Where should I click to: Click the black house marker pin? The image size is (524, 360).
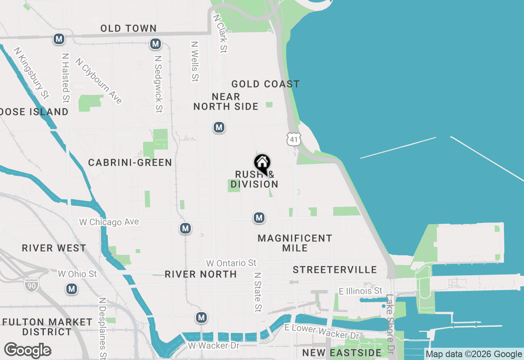(x=262, y=163)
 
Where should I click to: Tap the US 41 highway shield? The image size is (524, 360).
(x=294, y=139)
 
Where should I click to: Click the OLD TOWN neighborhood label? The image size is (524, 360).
(x=129, y=28)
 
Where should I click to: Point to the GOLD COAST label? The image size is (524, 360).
(x=265, y=84)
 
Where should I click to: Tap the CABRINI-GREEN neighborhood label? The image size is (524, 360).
(x=130, y=163)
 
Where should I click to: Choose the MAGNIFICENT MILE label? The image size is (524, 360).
(x=295, y=243)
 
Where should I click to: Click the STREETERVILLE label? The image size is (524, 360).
(x=335, y=270)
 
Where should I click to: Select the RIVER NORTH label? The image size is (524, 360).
(x=201, y=274)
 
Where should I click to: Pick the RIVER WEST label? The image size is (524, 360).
(x=54, y=248)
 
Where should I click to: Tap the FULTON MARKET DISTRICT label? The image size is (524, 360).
(x=47, y=327)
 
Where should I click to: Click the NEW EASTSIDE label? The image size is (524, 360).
(x=342, y=353)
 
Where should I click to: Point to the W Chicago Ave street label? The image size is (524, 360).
(x=109, y=222)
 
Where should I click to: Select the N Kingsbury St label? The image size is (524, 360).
(x=31, y=73)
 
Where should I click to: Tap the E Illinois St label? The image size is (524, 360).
(x=360, y=291)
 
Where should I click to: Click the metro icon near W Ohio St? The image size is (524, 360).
(x=72, y=289)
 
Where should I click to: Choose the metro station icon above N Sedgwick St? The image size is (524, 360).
(x=155, y=43)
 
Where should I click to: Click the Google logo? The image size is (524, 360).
(x=27, y=351)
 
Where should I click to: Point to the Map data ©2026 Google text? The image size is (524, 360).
(x=474, y=354)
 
